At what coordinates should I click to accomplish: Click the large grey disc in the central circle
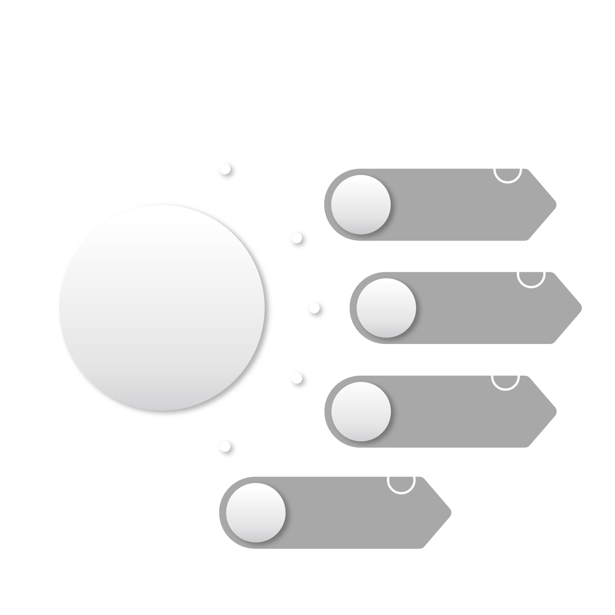[162, 307]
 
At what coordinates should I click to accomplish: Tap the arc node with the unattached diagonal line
[225, 169]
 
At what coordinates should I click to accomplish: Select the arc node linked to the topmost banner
[296, 237]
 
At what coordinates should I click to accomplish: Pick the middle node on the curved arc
[314, 307]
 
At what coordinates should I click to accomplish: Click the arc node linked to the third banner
[296, 378]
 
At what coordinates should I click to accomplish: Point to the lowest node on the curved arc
[225, 446]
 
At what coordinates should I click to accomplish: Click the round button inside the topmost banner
[360, 205]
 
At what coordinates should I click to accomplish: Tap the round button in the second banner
[386, 308]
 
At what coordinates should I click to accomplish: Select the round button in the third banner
[360, 411]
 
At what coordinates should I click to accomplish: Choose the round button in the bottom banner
[255, 512]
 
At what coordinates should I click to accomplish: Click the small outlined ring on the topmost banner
[508, 169]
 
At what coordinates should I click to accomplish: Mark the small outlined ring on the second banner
[531, 273]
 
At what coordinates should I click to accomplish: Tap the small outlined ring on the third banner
[506, 376]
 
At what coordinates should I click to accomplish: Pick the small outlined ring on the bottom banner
[401, 480]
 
